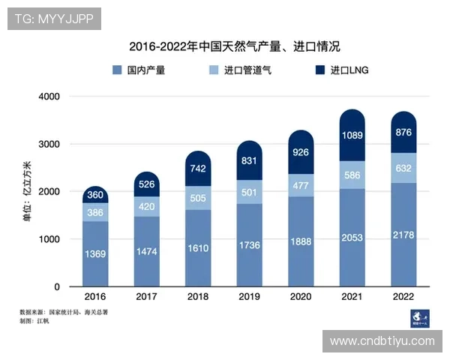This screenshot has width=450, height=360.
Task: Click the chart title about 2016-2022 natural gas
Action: (x=234, y=46)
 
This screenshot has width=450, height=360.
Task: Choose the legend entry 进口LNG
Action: (x=342, y=70)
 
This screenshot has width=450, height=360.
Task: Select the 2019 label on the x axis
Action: (x=250, y=297)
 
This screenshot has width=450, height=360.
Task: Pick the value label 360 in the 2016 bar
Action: (x=94, y=195)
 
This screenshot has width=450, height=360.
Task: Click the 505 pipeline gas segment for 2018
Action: (x=198, y=199)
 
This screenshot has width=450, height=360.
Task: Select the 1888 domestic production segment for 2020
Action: (x=301, y=241)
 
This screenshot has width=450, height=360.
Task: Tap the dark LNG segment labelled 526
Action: (x=146, y=184)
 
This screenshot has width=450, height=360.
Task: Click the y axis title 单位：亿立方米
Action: (x=27, y=192)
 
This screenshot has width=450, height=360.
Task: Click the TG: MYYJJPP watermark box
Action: (x=54, y=18)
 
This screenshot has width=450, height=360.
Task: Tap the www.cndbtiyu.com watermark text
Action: (x=382, y=341)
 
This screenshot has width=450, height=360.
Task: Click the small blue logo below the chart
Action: (x=418, y=318)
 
